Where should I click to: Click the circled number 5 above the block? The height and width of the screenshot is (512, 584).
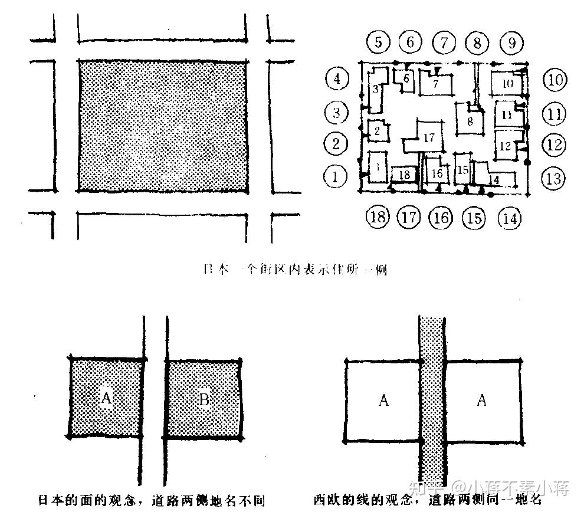coord(379,42)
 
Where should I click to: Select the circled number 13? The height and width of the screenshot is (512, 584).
coord(553,178)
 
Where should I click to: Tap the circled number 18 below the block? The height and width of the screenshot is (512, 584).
coord(378,216)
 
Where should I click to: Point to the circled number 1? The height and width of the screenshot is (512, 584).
coord(336,175)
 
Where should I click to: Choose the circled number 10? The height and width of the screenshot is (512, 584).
coord(555,80)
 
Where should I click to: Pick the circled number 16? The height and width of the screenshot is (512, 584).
coord(441,218)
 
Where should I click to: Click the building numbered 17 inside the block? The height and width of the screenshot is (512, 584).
coord(429,137)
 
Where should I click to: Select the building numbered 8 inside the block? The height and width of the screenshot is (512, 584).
coord(470,122)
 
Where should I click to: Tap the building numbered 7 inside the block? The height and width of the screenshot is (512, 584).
coord(436,84)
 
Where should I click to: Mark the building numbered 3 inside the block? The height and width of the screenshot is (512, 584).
coord(376,90)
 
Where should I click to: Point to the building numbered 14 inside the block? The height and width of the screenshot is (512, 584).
coord(494,179)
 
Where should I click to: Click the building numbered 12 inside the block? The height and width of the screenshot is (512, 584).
coord(505,146)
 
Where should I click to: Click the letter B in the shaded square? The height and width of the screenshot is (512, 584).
coord(204,400)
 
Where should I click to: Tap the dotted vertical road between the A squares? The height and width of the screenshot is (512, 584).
coord(432,401)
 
